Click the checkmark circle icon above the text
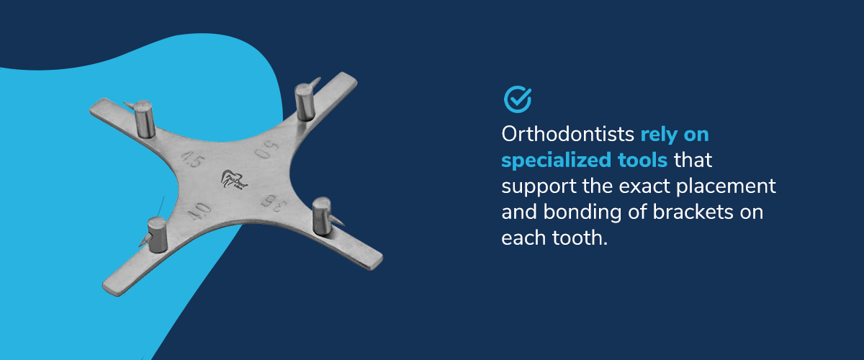pyautogui.click(x=517, y=99)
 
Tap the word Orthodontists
pyautogui.click(x=568, y=134)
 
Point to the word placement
pyautogui.click(x=726, y=186)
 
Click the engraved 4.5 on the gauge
pyautogui.click(x=193, y=159)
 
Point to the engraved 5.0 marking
pyautogui.click(x=267, y=149)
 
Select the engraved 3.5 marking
pyautogui.click(x=274, y=203)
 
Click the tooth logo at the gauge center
pyautogui.click(x=234, y=180)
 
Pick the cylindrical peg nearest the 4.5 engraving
pyautogui.click(x=145, y=119)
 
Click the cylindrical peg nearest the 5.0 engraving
pyautogui.click(x=305, y=102)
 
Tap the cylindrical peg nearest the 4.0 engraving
pyautogui.click(x=158, y=235)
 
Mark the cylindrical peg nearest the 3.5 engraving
pyautogui.click(x=322, y=216)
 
